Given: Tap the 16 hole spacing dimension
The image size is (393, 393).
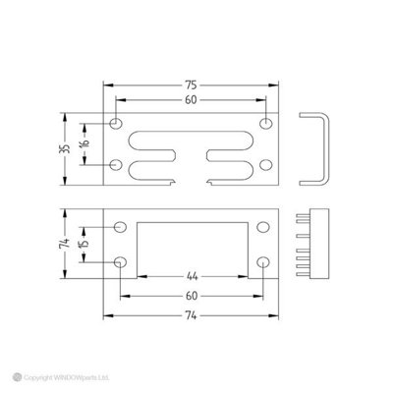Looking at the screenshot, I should [x=86, y=143].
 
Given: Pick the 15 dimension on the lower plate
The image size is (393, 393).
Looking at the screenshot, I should [x=86, y=245].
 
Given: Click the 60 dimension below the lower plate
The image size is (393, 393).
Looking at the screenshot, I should [x=192, y=294].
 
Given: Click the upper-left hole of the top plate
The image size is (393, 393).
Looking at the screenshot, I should [x=117, y=125].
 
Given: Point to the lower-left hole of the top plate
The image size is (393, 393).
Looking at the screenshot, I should [x=117, y=163].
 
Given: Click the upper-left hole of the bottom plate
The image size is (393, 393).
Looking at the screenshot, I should [x=121, y=227].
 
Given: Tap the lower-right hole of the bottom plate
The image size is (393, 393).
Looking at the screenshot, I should [x=263, y=262].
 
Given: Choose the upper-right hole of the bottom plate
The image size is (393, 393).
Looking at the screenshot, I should [x=263, y=227].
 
